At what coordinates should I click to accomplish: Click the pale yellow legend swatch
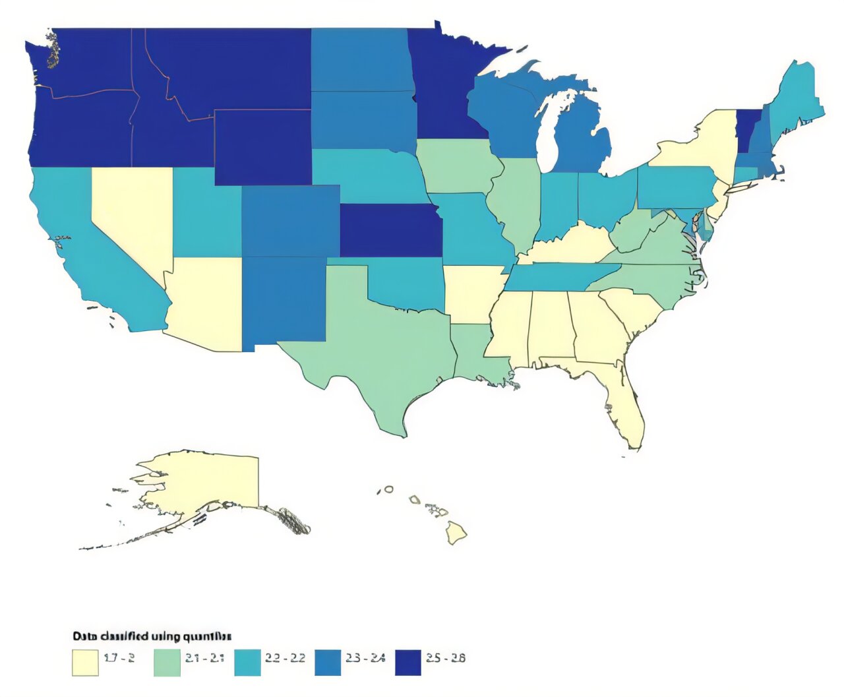pos(85,662)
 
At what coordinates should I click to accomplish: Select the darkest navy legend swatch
pos(407,662)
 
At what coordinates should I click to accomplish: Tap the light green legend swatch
pos(166,662)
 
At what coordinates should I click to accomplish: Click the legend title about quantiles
pos(152,636)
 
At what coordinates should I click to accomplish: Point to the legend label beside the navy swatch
pos(445,657)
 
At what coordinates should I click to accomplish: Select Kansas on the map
pos(390,231)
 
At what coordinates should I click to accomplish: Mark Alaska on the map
pos(211,481)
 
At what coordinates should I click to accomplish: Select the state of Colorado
pos(290,221)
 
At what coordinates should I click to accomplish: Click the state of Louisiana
pos(475,356)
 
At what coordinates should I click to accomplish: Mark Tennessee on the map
pos(560,277)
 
